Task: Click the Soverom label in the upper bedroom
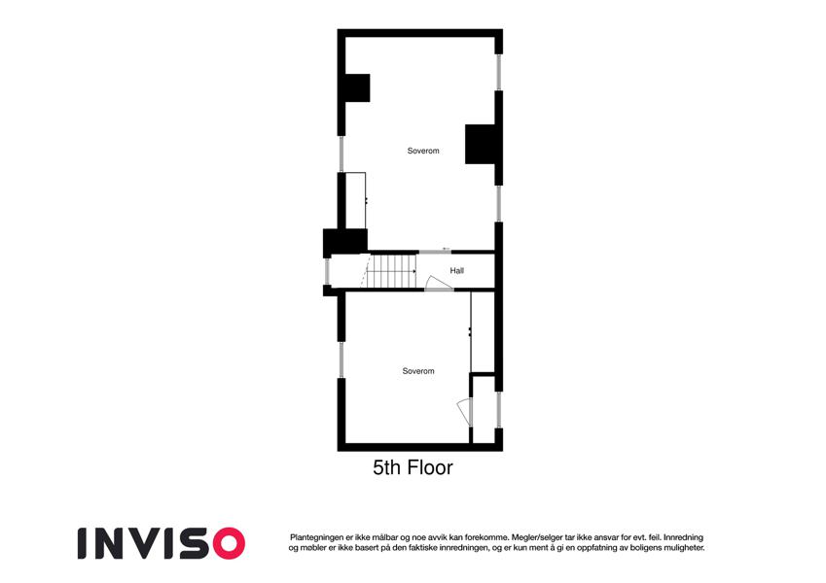pyautogui.click(x=423, y=151)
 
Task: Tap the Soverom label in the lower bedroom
pyautogui.click(x=418, y=371)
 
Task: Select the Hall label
pyautogui.click(x=456, y=270)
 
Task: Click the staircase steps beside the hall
pyautogui.click(x=392, y=271)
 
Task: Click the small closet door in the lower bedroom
pyautogui.click(x=465, y=412)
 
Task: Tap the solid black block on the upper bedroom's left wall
pyautogui.click(x=357, y=87)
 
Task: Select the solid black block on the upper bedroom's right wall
pyautogui.click(x=480, y=144)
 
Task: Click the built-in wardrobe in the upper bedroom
pyautogui.click(x=355, y=200)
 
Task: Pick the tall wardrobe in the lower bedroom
pyautogui.click(x=483, y=331)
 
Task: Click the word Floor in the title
pyautogui.click(x=429, y=467)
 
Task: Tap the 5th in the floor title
pyautogui.click(x=387, y=467)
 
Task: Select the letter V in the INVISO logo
pyautogui.click(x=144, y=543)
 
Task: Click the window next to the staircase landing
pyautogui.click(x=327, y=271)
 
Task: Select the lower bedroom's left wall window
pyautogui.click(x=341, y=360)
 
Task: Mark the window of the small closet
pyautogui.click(x=498, y=409)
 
